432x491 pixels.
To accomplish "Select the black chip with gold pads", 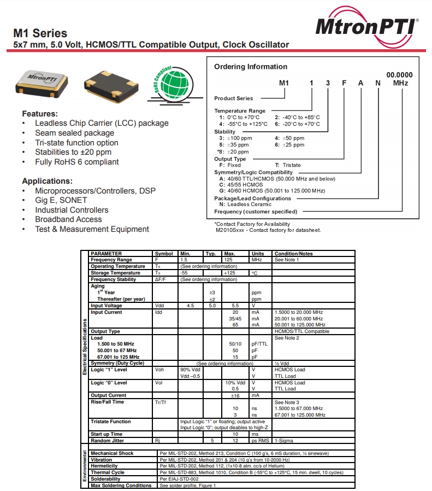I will [x=107, y=84].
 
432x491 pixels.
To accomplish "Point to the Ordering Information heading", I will [x=250, y=67].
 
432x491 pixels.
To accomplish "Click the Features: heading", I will [x=40, y=114].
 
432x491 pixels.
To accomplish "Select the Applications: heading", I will [x=47, y=181].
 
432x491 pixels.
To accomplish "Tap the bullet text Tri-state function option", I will [x=76, y=143].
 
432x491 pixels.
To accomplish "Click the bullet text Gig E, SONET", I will [x=61, y=200].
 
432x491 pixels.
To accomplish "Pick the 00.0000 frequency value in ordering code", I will [x=399, y=74].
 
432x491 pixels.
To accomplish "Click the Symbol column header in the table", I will [x=164, y=254].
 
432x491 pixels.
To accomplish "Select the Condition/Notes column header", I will [x=293, y=254].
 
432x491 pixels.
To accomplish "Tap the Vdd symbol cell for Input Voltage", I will [x=159, y=306].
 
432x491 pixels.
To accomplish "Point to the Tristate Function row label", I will [x=110, y=422].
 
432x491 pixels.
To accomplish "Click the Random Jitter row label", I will [x=107, y=440].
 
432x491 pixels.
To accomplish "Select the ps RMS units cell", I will [x=261, y=440].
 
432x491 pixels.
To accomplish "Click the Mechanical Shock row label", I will [x=112, y=453].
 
